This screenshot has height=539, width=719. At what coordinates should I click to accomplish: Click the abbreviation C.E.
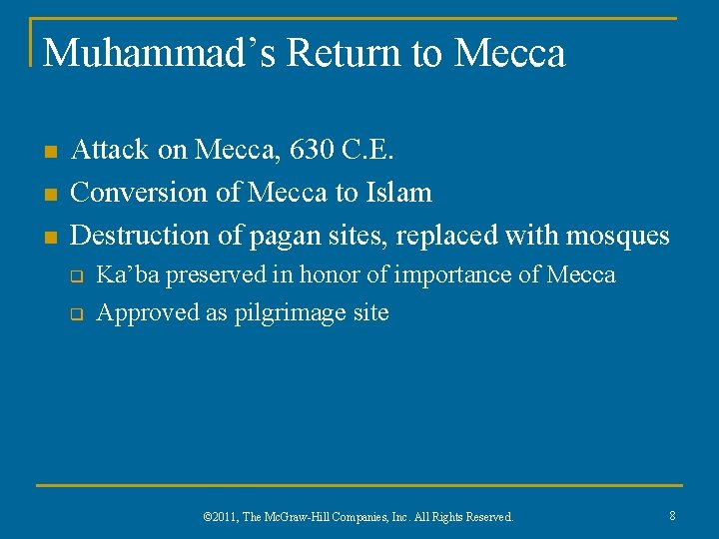click(x=370, y=150)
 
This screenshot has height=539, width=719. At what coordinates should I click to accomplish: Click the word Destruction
click(x=134, y=235)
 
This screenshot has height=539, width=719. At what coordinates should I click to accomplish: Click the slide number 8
click(x=672, y=515)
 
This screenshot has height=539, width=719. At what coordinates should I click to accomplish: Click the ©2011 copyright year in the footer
click(x=217, y=517)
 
